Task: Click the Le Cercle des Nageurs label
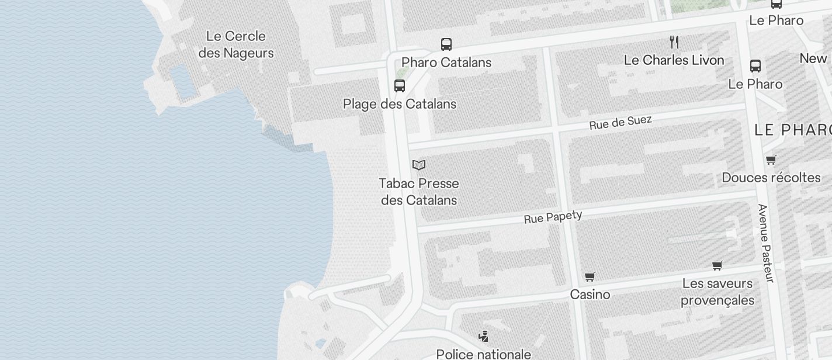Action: (x=236, y=44)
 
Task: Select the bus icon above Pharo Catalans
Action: (x=446, y=44)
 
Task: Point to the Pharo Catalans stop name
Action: (x=446, y=63)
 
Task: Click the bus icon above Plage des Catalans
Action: (x=400, y=86)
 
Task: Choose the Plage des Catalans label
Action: (x=400, y=105)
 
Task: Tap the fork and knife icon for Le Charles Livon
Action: (x=674, y=41)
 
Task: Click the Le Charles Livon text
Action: (x=674, y=60)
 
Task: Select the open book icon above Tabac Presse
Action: (x=419, y=165)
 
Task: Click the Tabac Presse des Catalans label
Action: (x=419, y=192)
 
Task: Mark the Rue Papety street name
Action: (x=553, y=217)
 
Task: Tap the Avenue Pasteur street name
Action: (x=765, y=243)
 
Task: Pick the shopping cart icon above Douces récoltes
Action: (x=771, y=160)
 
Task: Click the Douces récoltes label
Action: (x=771, y=178)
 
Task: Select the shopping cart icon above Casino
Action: (x=590, y=276)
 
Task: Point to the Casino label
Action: (x=590, y=295)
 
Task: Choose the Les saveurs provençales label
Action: (x=717, y=292)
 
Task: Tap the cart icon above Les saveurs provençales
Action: (x=717, y=265)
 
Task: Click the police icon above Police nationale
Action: (x=483, y=336)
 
